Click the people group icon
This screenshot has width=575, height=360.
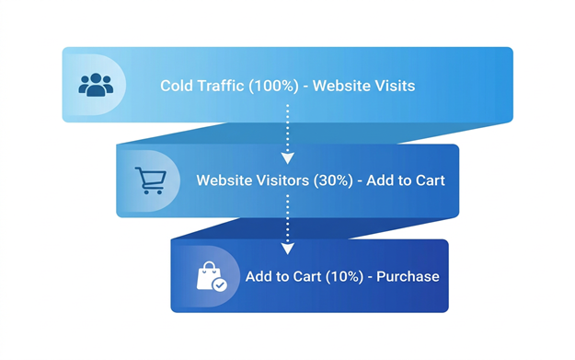(96, 85)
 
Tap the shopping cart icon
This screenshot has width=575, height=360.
(151, 180)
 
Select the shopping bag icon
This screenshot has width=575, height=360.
(212, 276)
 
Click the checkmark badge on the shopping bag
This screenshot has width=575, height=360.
(220, 285)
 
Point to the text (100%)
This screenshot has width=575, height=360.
(273, 86)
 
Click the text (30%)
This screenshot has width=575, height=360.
(333, 180)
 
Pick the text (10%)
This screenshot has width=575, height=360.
(344, 276)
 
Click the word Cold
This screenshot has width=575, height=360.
(176, 86)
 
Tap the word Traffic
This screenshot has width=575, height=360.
(221, 86)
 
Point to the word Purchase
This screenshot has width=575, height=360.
(408, 276)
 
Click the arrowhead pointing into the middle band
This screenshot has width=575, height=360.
(287, 158)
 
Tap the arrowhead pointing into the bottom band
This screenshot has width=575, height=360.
(287, 249)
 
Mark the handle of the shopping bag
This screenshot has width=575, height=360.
(210, 265)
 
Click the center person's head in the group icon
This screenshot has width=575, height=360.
(96, 78)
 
